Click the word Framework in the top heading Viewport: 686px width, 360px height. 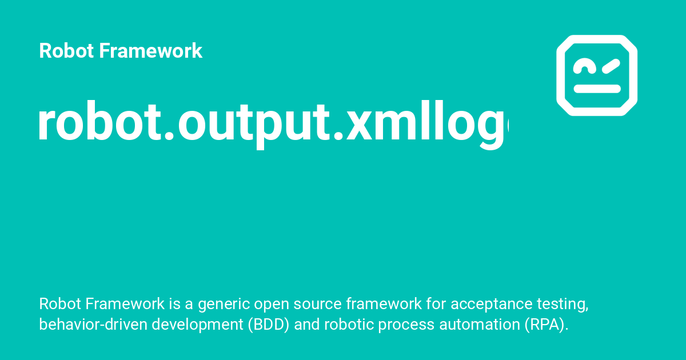pyautogui.click(x=150, y=51)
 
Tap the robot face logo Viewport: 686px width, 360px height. pyautogui.click(x=597, y=75)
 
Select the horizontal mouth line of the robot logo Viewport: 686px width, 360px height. pyautogui.click(x=597, y=89)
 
